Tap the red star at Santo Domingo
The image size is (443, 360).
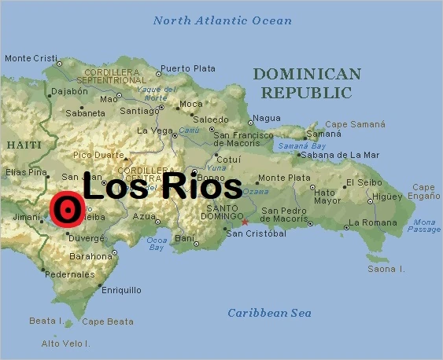[x=245, y=222]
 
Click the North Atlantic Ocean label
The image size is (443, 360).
[x=223, y=21]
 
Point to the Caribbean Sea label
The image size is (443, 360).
[x=270, y=313]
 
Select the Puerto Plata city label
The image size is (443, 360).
[x=186, y=69]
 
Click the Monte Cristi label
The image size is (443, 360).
[x=31, y=58]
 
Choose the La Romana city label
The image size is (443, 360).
[x=374, y=222]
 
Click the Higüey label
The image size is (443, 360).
[x=386, y=196]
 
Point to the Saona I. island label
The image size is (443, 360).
[x=386, y=269]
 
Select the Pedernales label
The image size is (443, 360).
[x=69, y=274]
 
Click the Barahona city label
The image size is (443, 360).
[x=91, y=256]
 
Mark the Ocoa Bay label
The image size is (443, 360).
[x=157, y=243]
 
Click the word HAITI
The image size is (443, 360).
[x=24, y=145]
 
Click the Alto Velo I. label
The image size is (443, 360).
[x=66, y=343]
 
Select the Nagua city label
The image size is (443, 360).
[x=268, y=118]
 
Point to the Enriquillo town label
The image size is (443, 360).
[x=122, y=290]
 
